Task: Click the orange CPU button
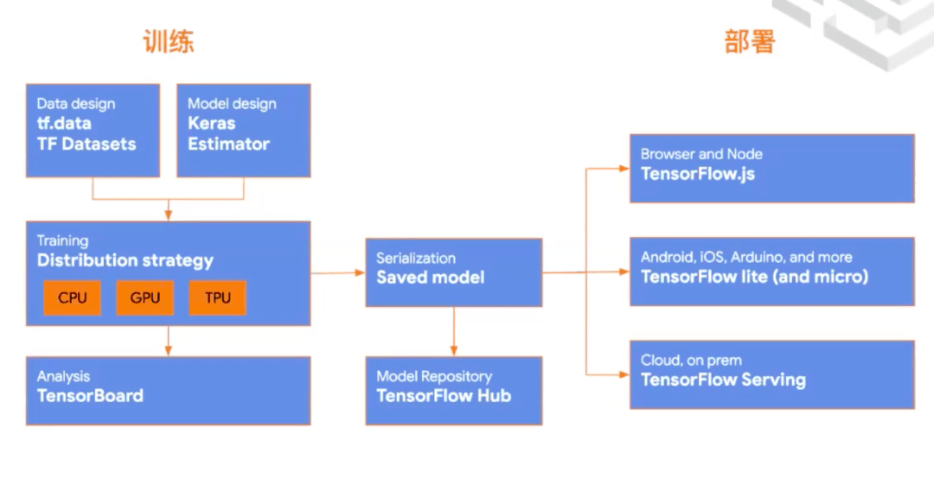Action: (72, 298)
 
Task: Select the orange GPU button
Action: (144, 298)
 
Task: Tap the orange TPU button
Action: (217, 298)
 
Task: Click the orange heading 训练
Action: (169, 42)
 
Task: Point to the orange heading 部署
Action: (749, 42)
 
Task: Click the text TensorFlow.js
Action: (698, 174)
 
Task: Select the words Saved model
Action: (430, 277)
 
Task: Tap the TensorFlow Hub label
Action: (444, 395)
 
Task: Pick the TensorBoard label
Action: (90, 395)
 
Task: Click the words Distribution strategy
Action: (125, 260)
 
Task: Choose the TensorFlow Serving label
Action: (723, 380)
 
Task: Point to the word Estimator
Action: (228, 144)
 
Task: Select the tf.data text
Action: (64, 124)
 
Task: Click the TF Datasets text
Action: (86, 144)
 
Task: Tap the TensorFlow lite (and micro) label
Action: (754, 277)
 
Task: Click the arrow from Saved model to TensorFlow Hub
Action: (454, 331)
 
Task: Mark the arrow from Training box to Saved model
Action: (338, 272)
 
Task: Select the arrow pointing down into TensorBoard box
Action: (168, 341)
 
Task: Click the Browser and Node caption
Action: (701, 154)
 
